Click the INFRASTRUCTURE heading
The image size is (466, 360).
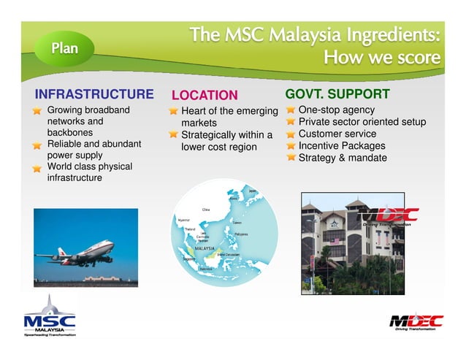click(x=94, y=95)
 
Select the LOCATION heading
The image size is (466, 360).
click(x=205, y=96)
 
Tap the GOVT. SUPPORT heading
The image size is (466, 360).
click(x=337, y=94)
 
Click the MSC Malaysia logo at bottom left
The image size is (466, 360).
click(x=50, y=318)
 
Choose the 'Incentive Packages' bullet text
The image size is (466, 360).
click(x=342, y=145)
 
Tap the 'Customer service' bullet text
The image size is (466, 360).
click(x=337, y=134)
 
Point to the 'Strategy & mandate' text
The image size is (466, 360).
click(x=342, y=157)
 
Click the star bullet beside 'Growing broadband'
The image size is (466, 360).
click(x=37, y=111)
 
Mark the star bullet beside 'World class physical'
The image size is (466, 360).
click(x=37, y=168)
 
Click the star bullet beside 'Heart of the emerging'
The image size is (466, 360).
click(x=173, y=112)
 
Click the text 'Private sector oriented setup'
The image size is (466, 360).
click(x=362, y=122)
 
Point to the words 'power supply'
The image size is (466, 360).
click(x=75, y=156)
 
